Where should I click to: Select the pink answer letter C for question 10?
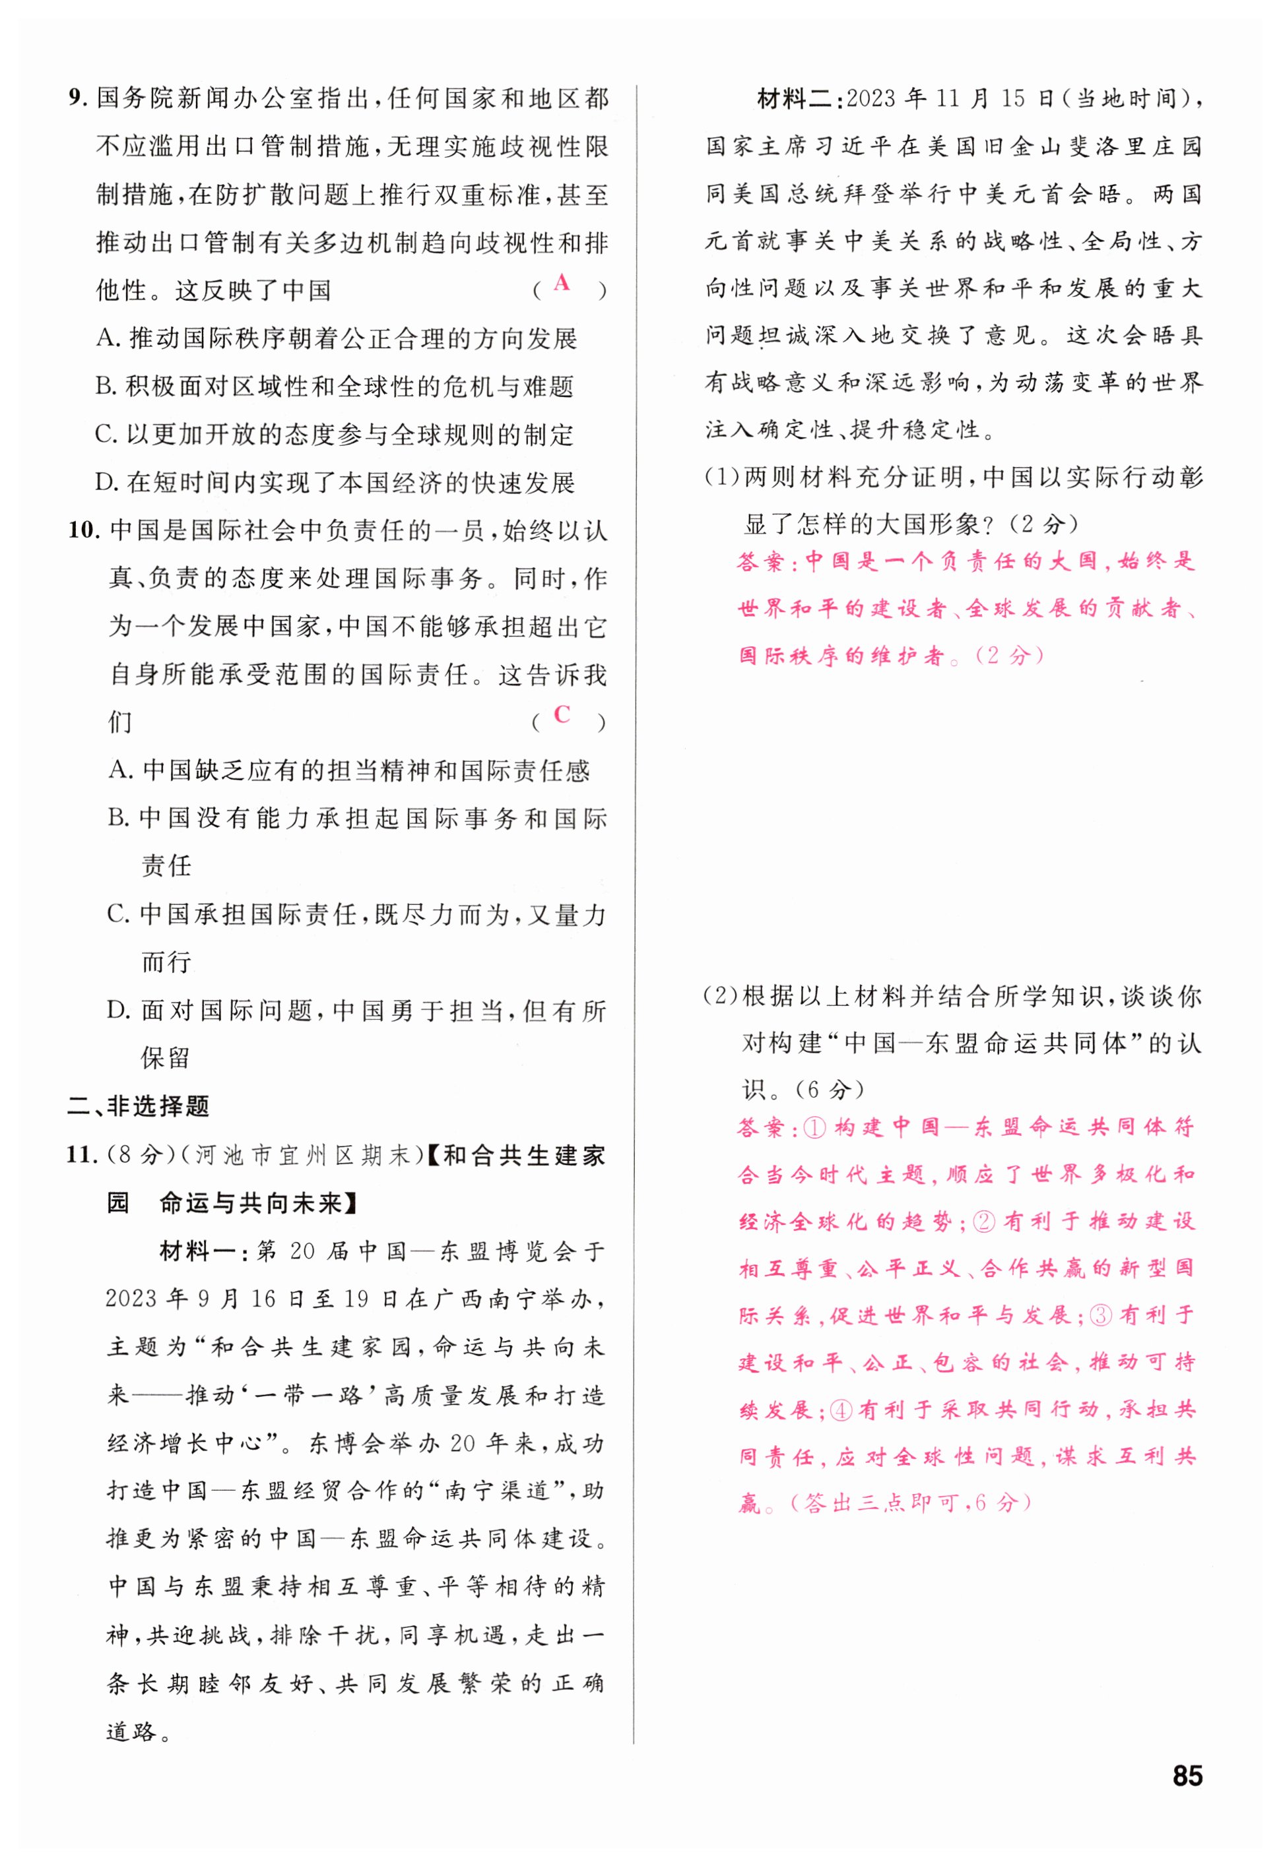pos(562,714)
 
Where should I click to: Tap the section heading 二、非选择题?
pos(138,1106)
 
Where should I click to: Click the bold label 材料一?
pos(193,1251)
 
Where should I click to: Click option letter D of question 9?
pos(106,483)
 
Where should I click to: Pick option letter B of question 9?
pos(106,387)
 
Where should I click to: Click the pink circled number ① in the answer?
pos(814,1127)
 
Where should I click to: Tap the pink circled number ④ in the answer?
pos(839,1410)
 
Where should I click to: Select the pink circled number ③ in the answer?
pos(1102,1315)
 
